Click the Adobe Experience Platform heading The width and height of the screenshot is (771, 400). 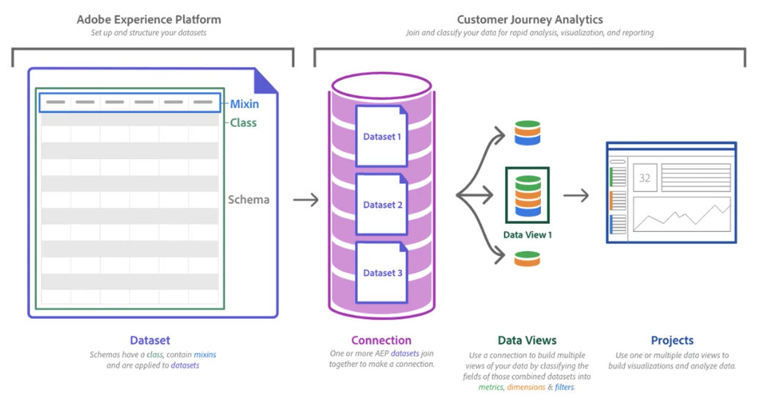[148, 19]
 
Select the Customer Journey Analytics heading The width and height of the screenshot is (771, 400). [529, 19]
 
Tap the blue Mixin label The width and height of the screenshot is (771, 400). [244, 104]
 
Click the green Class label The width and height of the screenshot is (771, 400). [243, 123]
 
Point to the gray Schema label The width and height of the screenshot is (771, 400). [248, 200]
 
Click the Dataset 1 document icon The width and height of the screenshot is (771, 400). [381, 136]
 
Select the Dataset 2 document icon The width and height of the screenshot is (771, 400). [381, 204]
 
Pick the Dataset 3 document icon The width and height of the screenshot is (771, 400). [381, 272]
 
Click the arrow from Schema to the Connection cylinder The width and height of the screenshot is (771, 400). [306, 199]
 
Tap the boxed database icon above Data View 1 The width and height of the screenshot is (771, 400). [527, 195]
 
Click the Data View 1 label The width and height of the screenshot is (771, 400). [527, 235]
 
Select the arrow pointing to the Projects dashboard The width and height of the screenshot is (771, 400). [577, 195]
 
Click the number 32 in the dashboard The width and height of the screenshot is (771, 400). [645, 178]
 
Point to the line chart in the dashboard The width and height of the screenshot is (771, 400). [681, 215]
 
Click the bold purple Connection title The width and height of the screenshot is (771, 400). [381, 341]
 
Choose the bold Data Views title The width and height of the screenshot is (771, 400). [527, 341]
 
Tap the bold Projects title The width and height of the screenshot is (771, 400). [672, 341]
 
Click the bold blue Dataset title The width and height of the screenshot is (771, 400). [150, 341]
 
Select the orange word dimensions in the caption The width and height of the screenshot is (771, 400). [526, 387]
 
